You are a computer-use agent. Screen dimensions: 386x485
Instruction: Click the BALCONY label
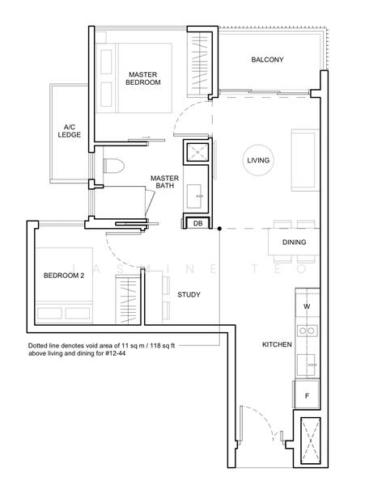click(267, 59)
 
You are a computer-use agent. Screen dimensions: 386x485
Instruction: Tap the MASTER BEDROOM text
click(143, 78)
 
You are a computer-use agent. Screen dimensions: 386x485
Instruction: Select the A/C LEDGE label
click(70, 131)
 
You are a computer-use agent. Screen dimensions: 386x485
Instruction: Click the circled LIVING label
click(258, 160)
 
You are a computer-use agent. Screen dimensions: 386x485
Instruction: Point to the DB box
click(197, 223)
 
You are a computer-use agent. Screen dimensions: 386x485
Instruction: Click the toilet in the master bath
click(113, 166)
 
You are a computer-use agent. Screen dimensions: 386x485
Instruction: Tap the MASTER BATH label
click(164, 182)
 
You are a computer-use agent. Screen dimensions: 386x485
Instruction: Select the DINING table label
click(294, 242)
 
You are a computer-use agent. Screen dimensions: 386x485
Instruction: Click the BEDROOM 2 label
click(64, 276)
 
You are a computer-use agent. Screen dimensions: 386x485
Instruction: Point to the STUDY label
click(189, 294)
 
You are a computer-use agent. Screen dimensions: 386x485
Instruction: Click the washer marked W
click(307, 306)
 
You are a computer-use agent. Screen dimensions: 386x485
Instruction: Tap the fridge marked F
click(307, 394)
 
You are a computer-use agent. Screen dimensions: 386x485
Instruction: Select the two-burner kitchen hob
click(308, 331)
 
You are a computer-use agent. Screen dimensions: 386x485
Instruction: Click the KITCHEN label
click(277, 344)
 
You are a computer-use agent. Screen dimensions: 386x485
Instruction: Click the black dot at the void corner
click(219, 229)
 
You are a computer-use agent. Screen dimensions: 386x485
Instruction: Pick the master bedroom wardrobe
click(199, 64)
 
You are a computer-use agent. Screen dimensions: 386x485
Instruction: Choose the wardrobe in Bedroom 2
click(128, 298)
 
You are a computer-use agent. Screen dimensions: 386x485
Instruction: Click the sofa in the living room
click(304, 160)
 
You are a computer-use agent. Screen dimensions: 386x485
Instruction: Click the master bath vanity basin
click(195, 196)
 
